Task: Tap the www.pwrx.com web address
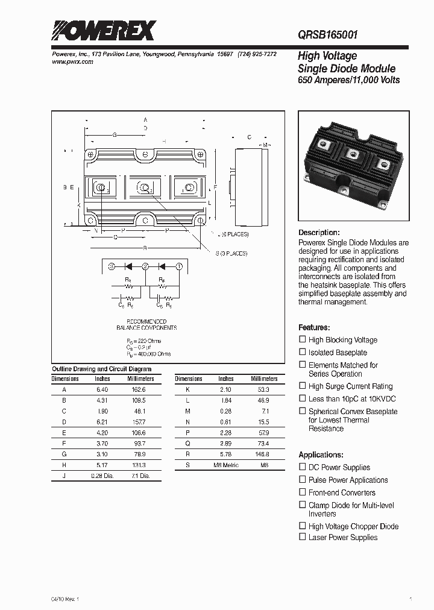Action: (x=69, y=62)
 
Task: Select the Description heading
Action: (x=319, y=233)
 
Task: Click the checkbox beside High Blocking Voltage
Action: (x=303, y=339)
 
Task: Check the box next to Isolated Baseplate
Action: (x=303, y=352)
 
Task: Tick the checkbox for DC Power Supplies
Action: (x=303, y=467)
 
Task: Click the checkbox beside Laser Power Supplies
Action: (x=303, y=536)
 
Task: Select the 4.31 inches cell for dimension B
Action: (x=102, y=401)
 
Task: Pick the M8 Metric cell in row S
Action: (x=226, y=465)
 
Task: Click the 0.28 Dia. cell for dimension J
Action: (x=102, y=476)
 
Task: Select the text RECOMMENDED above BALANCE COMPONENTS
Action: (x=146, y=321)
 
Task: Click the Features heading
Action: (x=314, y=327)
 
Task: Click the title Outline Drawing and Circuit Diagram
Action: (x=101, y=369)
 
